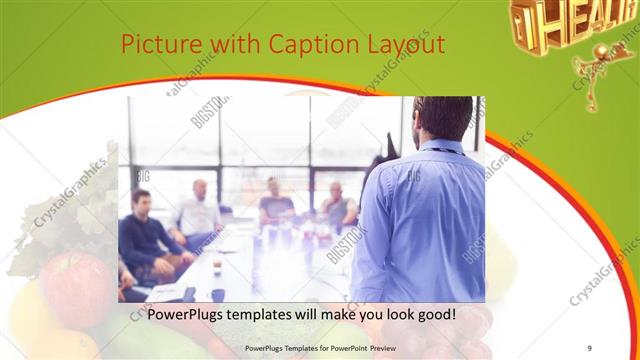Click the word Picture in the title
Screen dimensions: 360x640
[158, 46]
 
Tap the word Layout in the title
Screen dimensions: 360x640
[404, 46]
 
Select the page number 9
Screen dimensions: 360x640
[590, 347]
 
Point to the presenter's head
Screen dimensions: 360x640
[441, 117]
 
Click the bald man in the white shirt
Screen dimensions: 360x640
[199, 211]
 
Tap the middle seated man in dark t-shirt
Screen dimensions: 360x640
[274, 204]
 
